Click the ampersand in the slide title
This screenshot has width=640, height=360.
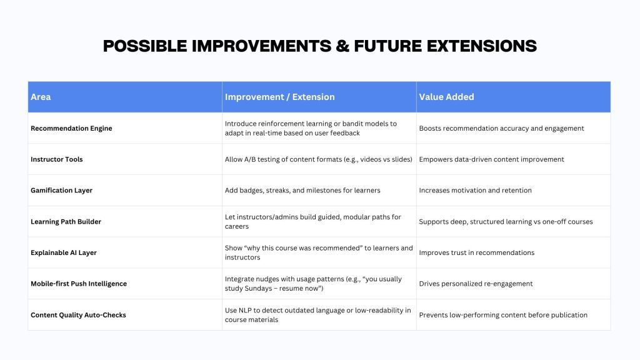343,46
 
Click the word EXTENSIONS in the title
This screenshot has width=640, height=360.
482,46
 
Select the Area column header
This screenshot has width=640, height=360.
41,97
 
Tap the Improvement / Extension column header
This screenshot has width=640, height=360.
279,97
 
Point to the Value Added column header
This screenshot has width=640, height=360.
446,97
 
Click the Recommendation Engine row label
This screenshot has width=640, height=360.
71,128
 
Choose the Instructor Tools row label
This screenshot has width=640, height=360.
57,159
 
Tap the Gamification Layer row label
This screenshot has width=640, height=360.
62,190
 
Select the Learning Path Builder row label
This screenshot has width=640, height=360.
66,222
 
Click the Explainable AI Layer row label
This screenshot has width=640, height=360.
64,252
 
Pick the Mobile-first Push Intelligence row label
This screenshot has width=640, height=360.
79,284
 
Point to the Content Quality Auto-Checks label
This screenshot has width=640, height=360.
78,315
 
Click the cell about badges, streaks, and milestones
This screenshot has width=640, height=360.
302,190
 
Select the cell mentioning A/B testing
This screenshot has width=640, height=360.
318,159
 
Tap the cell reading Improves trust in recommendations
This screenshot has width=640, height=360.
477,252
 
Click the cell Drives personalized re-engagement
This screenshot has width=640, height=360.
476,284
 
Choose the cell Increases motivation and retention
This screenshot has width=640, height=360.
476,190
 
